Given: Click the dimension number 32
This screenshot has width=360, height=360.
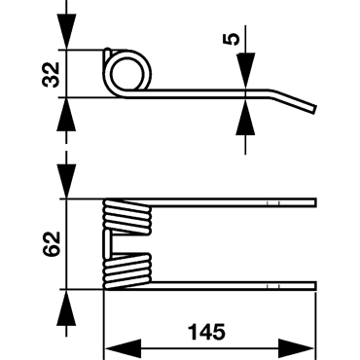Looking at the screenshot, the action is pos(52,74).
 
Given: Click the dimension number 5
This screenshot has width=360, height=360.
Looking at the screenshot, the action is pos(232,39).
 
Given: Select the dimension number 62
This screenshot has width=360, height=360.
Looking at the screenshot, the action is pos(52,244).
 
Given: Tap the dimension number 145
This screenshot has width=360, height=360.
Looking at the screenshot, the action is pos(206,332).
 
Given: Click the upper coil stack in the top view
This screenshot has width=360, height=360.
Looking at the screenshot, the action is pos(127,217).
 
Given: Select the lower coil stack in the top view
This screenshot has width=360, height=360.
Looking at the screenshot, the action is pos(127,271).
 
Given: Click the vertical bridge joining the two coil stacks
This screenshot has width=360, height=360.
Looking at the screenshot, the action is pos(107,244).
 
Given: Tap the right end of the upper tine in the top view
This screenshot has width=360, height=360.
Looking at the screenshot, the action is pos(315,202).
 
